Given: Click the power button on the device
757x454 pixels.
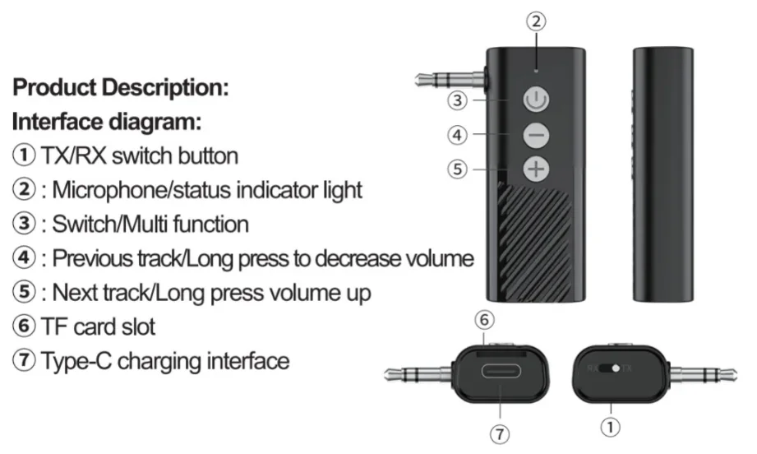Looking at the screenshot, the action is (535, 102).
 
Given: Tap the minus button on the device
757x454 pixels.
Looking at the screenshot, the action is (535, 135).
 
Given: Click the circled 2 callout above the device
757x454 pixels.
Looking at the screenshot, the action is (536, 22).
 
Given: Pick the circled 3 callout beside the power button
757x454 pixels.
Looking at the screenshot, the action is (458, 101).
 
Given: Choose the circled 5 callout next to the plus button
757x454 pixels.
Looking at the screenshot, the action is (458, 169).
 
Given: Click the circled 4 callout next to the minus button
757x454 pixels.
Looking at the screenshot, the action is (458, 134).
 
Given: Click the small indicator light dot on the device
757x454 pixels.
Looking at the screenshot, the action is (536, 71).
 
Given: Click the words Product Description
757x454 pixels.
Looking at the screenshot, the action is (120, 86).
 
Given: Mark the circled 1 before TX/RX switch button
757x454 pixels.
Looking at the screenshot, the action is (23, 155).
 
